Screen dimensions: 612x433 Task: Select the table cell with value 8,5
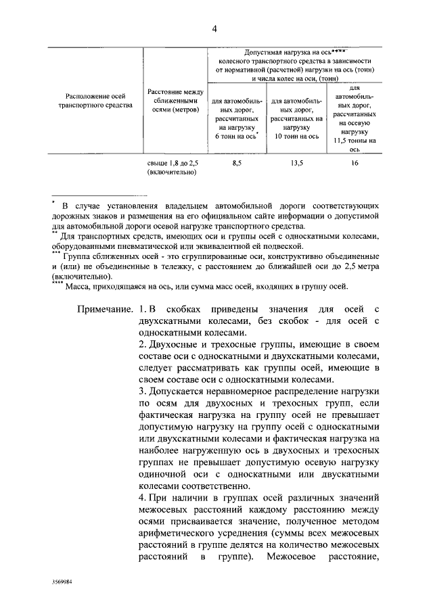click(x=235, y=164)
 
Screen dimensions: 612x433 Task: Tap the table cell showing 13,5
click(x=296, y=164)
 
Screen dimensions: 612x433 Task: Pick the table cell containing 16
click(x=354, y=164)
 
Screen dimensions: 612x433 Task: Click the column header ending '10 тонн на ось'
click(x=296, y=119)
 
